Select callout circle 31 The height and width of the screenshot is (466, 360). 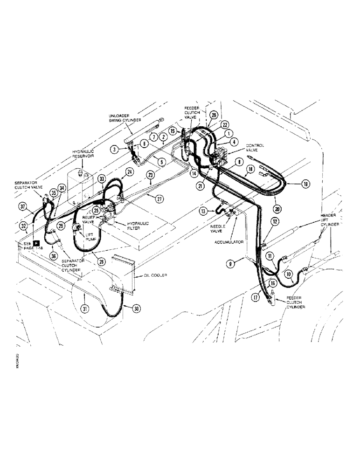coord(85,308)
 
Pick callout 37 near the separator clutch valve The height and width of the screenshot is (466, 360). coord(22,206)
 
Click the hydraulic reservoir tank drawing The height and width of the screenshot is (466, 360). coord(80,187)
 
